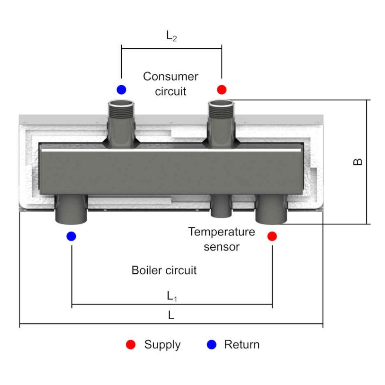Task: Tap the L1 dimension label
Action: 171,296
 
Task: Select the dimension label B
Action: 358,161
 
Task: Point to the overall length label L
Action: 171,315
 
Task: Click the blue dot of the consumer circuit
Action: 121,89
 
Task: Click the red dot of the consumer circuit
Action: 222,89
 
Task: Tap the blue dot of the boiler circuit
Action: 71,235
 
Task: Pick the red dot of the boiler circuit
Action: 272,235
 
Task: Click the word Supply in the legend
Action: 162,344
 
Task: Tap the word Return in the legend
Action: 242,344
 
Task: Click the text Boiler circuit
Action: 164,271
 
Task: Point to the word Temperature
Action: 221,232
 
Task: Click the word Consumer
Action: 170,76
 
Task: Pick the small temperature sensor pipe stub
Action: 221,207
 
